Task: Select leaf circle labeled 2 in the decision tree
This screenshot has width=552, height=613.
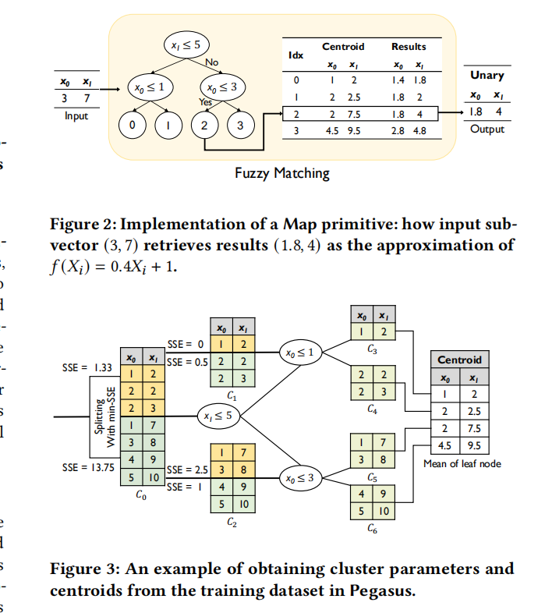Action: click(x=204, y=124)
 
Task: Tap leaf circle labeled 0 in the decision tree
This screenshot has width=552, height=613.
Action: click(x=133, y=124)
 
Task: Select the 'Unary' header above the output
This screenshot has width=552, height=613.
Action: click(x=487, y=76)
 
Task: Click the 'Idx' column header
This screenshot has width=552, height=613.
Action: click(x=295, y=55)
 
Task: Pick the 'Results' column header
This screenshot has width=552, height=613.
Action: click(x=408, y=47)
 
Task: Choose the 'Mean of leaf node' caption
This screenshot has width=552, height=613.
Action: click(x=462, y=463)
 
